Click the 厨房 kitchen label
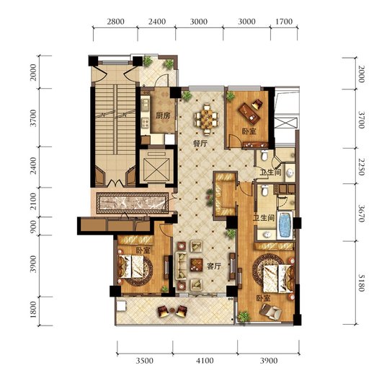pos(163,115)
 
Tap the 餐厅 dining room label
pos(200,144)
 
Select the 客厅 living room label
pos(214,266)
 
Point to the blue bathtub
pos(285,224)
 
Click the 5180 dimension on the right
pos(361,283)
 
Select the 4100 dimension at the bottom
pos(205,361)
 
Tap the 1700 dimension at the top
pos(284,22)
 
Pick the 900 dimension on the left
pos(33,227)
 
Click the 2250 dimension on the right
pos(361,166)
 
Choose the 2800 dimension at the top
pos(115,22)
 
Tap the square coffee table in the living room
pos(196,265)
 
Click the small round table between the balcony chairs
pos(172,311)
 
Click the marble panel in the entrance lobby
pos(133,203)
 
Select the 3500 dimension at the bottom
pos(145,361)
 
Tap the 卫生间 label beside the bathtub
pos(264,218)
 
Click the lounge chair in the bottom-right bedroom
pos(270,312)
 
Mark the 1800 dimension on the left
pos(33,310)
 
